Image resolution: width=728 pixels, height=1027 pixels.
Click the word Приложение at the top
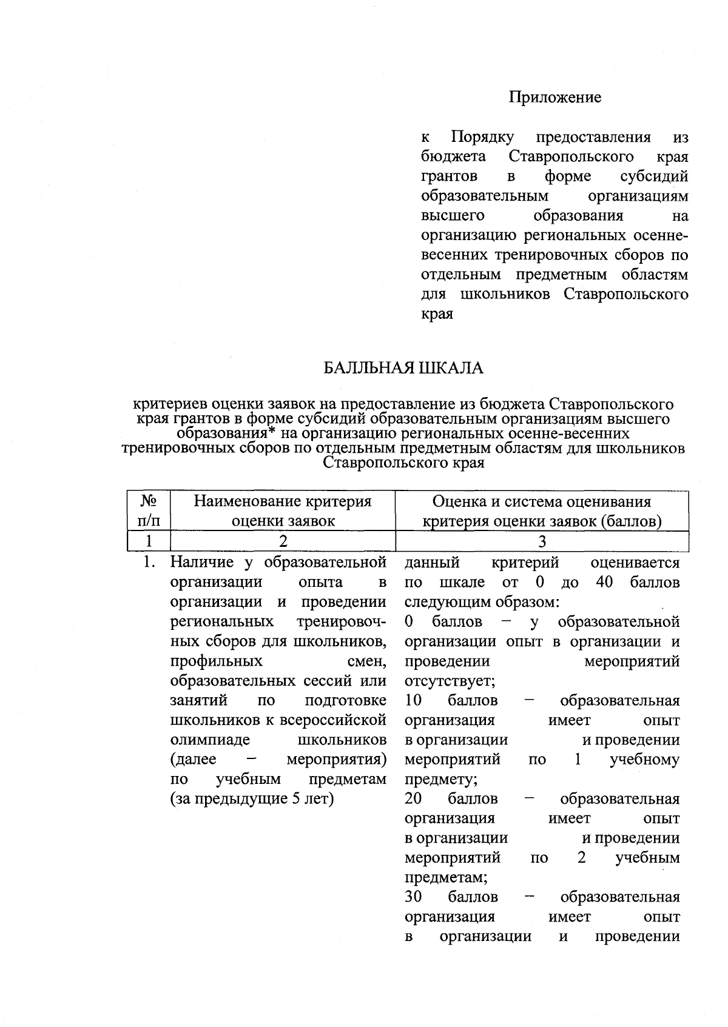(554, 97)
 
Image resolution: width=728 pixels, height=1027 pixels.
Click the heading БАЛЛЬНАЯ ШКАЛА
(403, 368)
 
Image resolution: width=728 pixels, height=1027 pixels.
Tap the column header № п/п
(149, 511)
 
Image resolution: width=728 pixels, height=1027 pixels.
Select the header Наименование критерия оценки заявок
(282, 511)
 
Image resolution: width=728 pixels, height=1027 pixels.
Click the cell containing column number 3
(542, 541)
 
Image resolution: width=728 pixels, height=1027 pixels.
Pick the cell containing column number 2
(282, 541)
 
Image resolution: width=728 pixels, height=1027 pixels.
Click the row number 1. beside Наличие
(149, 563)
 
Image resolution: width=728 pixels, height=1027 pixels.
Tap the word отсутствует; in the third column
(450, 681)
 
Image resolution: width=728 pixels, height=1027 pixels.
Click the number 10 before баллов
(413, 700)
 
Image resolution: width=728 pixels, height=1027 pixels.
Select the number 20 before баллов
(413, 798)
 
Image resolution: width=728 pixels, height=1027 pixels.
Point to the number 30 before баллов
(413, 897)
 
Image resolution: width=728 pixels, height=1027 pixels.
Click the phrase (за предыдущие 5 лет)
(252, 798)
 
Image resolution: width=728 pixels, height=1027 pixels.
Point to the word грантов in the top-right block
(449, 176)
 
